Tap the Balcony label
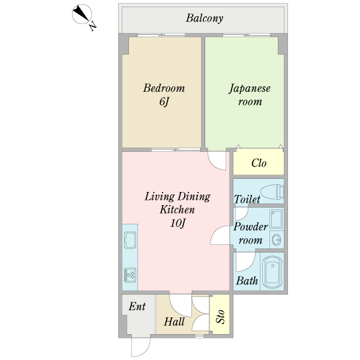click(x=204, y=18)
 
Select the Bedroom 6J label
click(x=163, y=95)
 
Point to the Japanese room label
click(x=250, y=95)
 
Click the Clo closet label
click(x=259, y=163)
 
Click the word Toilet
click(x=247, y=199)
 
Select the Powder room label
click(x=250, y=233)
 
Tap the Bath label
click(x=247, y=281)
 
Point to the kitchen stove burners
click(x=130, y=275)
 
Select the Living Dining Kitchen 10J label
click(x=177, y=210)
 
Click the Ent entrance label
click(x=137, y=307)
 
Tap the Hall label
click(x=174, y=322)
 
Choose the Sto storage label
click(x=220, y=316)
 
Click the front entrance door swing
click(x=139, y=347)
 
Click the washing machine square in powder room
click(x=276, y=219)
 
